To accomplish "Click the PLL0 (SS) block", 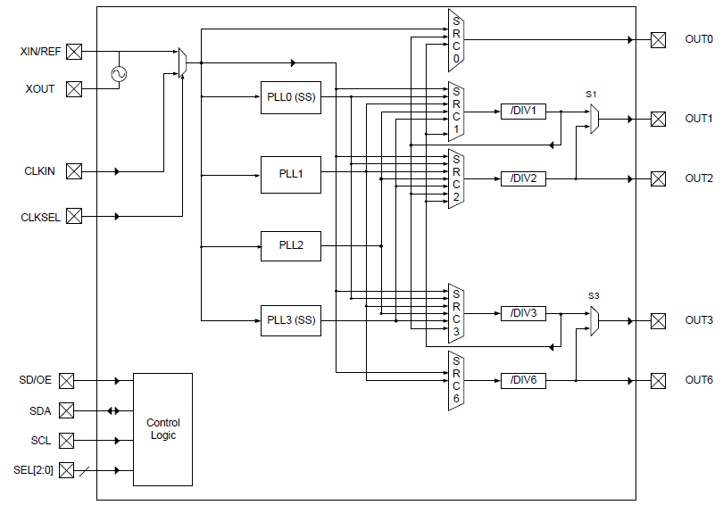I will [291, 96].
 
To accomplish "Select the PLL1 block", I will [291, 174].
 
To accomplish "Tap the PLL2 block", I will [291, 245].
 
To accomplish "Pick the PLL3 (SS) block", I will [291, 320].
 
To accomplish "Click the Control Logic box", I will [162, 429].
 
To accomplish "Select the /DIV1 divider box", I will [523, 112].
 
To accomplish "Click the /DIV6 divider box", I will [523, 381].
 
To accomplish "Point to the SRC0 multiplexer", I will [456, 40].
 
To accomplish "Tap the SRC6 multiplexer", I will [456, 381].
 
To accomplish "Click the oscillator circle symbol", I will [118, 74].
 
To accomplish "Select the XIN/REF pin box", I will [74, 52].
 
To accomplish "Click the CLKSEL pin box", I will [74, 216].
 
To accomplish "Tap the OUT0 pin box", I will [658, 40].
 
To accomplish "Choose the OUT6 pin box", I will [658, 381].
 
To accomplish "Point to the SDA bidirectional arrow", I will [112, 411].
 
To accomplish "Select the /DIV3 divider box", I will [523, 313].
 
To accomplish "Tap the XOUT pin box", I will [74, 88].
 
